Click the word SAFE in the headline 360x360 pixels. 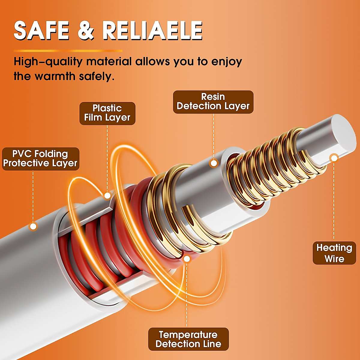point(41,31)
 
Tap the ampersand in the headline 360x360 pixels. point(86,31)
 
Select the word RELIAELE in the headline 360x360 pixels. point(152,31)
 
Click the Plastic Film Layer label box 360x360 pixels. point(107,113)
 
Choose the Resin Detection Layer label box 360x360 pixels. point(213,102)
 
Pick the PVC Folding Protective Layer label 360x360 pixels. point(40,159)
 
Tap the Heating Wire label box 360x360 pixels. point(334,253)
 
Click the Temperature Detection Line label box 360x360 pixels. point(188,339)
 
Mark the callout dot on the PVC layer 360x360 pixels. point(33,226)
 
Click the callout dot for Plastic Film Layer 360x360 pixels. point(107,196)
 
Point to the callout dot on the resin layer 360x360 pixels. point(214,163)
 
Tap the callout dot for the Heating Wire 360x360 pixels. point(334,157)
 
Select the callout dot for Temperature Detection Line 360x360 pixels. point(187,259)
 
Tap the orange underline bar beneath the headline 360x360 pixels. point(68,51)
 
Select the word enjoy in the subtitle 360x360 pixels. point(226,62)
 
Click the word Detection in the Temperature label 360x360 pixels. point(176,344)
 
